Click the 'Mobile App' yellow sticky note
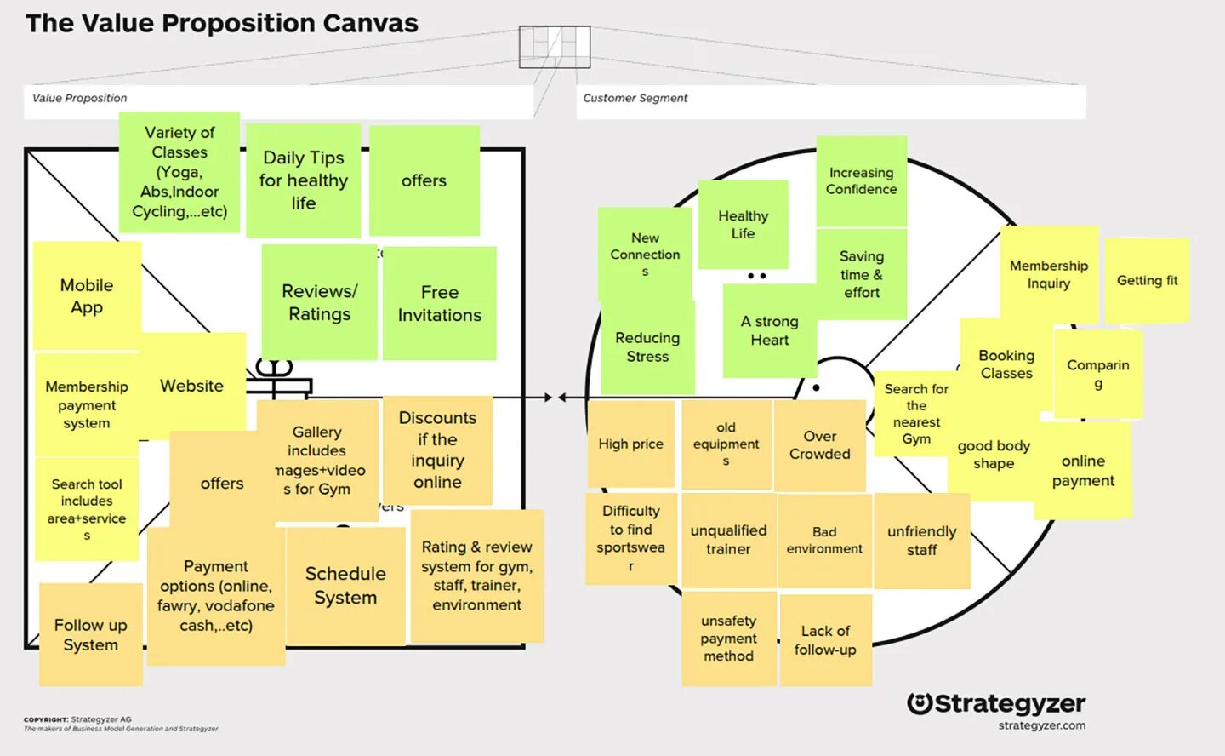(87, 295)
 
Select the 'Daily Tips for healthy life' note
(304, 180)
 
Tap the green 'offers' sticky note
(424, 180)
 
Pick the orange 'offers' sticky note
(222, 483)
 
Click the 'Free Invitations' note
(439, 303)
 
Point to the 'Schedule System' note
(345, 586)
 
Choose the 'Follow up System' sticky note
(90, 634)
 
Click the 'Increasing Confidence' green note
(861, 181)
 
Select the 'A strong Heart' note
(769, 330)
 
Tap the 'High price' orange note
(630, 444)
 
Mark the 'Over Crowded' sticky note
(819, 445)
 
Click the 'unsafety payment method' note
(728, 639)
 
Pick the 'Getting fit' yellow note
(1147, 280)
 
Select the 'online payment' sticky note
(1083, 471)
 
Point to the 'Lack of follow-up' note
(825, 640)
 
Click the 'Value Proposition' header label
(79, 98)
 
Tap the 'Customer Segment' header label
(635, 98)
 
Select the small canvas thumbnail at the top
(555, 47)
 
